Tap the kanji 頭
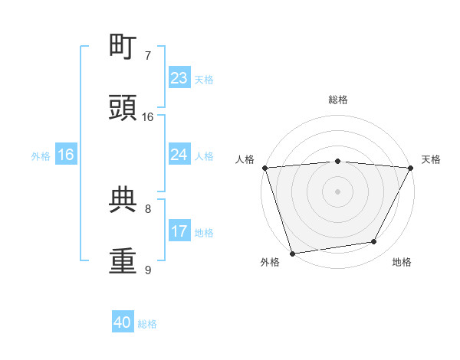[123, 108]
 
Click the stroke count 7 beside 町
[148, 56]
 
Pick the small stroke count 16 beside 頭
[148, 117]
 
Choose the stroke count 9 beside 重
[148, 270]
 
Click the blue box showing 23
[179, 78]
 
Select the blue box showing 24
[179, 155]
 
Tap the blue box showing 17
[179, 231]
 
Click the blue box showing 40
[123, 322]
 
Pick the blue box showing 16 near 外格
[66, 155]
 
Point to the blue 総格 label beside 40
[148, 324]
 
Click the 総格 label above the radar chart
[338, 100]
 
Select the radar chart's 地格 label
[402, 263]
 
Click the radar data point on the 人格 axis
[265, 168]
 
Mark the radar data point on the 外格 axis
[292, 253]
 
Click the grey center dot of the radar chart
[338, 191]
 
